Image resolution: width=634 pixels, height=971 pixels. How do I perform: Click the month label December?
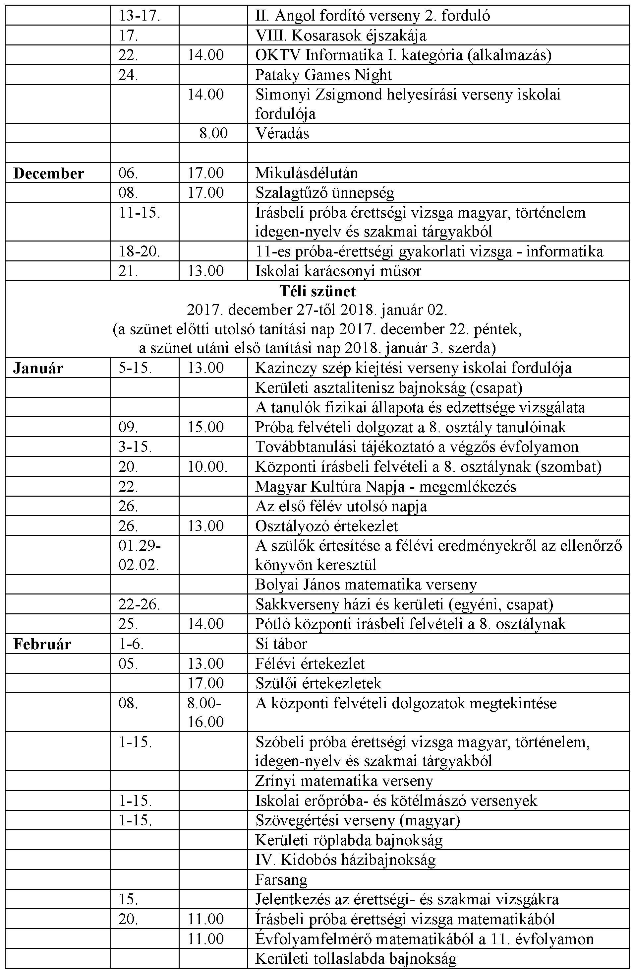coord(48,173)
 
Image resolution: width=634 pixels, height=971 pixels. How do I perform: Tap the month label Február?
coord(42,644)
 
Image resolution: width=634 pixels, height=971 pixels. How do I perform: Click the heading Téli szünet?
coord(317,291)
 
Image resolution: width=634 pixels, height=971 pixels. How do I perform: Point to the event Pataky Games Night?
coord(323,75)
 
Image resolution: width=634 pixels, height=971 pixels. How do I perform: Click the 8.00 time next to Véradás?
coord(213,133)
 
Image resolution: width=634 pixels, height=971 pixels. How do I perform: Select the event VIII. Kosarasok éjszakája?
coord(340,36)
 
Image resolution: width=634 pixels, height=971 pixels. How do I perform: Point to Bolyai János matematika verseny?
coord(366,585)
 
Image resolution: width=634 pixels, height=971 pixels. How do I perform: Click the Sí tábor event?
coord(281,644)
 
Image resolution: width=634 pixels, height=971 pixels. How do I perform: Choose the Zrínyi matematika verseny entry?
coord(344,781)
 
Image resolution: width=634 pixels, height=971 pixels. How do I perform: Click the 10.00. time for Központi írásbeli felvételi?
coord(207,467)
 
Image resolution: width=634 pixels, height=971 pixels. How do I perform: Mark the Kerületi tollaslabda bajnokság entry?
coord(356,958)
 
